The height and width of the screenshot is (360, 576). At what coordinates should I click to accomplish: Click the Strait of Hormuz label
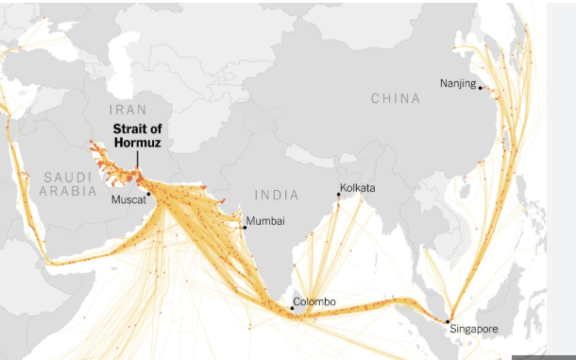click(137, 136)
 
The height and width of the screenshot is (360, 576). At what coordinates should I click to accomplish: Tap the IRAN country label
click(128, 111)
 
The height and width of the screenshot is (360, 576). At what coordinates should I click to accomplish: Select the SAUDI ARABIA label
click(68, 183)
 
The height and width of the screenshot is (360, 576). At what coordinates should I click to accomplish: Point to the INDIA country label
click(277, 195)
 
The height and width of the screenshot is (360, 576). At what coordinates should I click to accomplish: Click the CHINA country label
click(396, 98)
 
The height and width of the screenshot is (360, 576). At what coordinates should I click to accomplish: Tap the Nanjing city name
click(457, 84)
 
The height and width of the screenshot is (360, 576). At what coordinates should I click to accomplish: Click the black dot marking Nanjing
click(480, 88)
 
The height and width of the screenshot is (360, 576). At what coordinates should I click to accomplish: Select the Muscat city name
click(128, 200)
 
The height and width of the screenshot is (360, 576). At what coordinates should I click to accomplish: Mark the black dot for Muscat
click(148, 194)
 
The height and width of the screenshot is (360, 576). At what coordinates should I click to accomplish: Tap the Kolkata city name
click(358, 188)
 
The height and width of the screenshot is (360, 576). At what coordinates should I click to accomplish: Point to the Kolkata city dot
click(339, 194)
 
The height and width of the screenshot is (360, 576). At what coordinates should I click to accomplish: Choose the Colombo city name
click(313, 302)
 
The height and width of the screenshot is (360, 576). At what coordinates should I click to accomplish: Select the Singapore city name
click(472, 329)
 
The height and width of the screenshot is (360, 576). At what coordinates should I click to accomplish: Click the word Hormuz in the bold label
click(138, 143)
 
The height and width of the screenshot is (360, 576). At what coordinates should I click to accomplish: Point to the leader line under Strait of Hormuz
click(138, 160)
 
